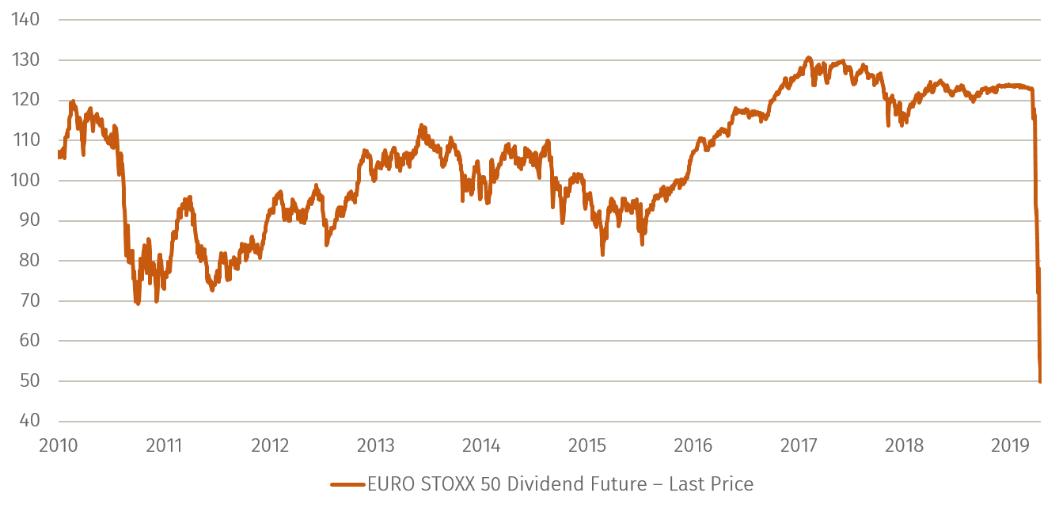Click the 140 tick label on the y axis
(27, 19)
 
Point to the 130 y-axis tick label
(27, 59)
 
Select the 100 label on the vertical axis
(27, 180)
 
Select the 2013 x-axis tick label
(375, 445)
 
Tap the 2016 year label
(693, 445)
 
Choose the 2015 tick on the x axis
(586, 445)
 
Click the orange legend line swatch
(347, 484)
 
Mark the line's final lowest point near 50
(1039, 382)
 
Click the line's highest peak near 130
(807, 57)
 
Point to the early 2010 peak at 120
(73, 101)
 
